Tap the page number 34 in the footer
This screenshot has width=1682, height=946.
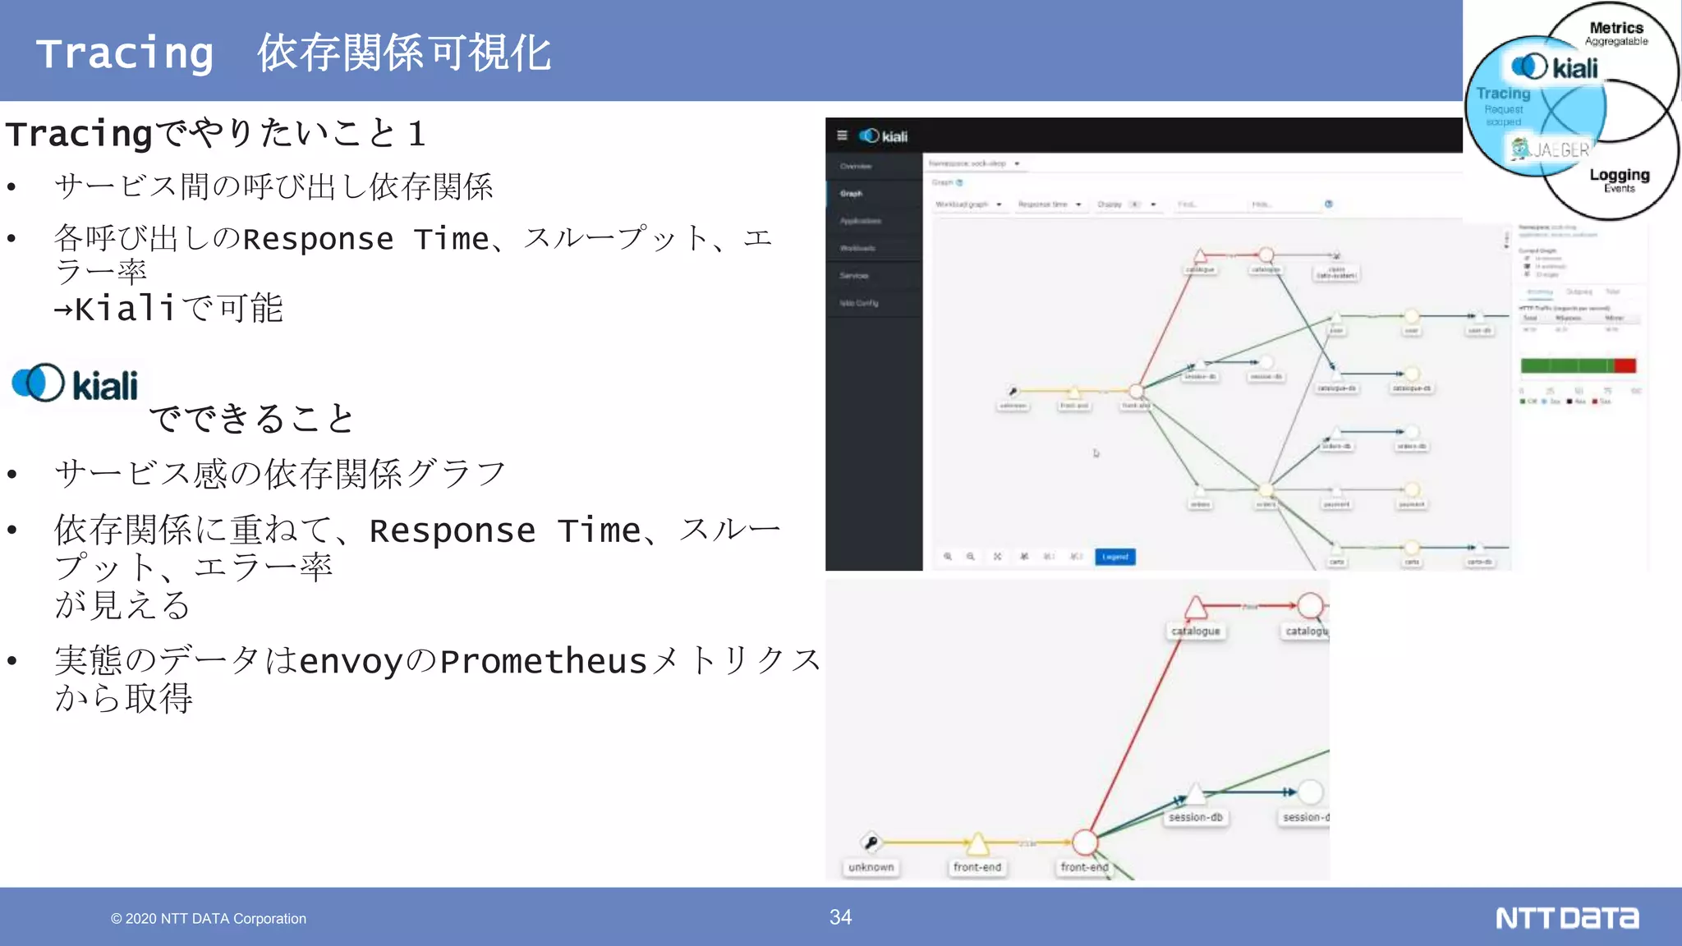click(x=840, y=917)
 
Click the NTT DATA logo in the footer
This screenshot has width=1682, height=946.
click(x=1566, y=918)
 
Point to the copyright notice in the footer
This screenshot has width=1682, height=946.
click(x=209, y=919)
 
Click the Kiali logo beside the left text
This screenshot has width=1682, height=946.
click(x=75, y=383)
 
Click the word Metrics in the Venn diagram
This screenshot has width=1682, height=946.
click(x=1616, y=28)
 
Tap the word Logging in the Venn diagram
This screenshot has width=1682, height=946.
click(x=1619, y=174)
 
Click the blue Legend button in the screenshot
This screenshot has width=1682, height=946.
click(x=1114, y=557)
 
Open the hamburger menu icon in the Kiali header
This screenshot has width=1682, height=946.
click(x=842, y=135)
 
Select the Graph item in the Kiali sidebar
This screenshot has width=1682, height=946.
click(x=851, y=194)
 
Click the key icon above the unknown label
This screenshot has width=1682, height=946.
click(x=871, y=842)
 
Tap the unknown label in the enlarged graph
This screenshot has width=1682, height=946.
click(x=871, y=867)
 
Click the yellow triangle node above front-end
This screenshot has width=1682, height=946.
click(x=977, y=843)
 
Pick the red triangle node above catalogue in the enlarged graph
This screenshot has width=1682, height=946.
click(x=1196, y=608)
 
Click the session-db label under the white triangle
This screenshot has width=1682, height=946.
click(x=1196, y=817)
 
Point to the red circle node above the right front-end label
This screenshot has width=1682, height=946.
click(x=1085, y=842)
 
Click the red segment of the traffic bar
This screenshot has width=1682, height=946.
click(x=1625, y=365)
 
